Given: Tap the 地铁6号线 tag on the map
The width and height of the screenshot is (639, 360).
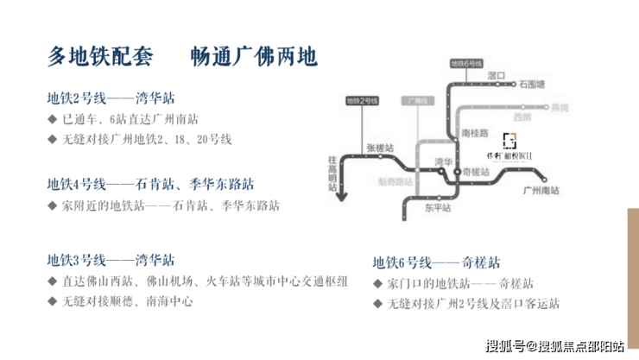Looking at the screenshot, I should click(x=466, y=65).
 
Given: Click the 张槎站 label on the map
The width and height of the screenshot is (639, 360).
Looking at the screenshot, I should click(x=379, y=147).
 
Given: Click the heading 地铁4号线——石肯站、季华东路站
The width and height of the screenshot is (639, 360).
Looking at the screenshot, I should click(x=151, y=184).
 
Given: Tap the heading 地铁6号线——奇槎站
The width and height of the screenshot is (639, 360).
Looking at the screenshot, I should click(x=436, y=262).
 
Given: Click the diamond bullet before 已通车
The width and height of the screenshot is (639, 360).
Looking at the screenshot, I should click(x=53, y=119).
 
